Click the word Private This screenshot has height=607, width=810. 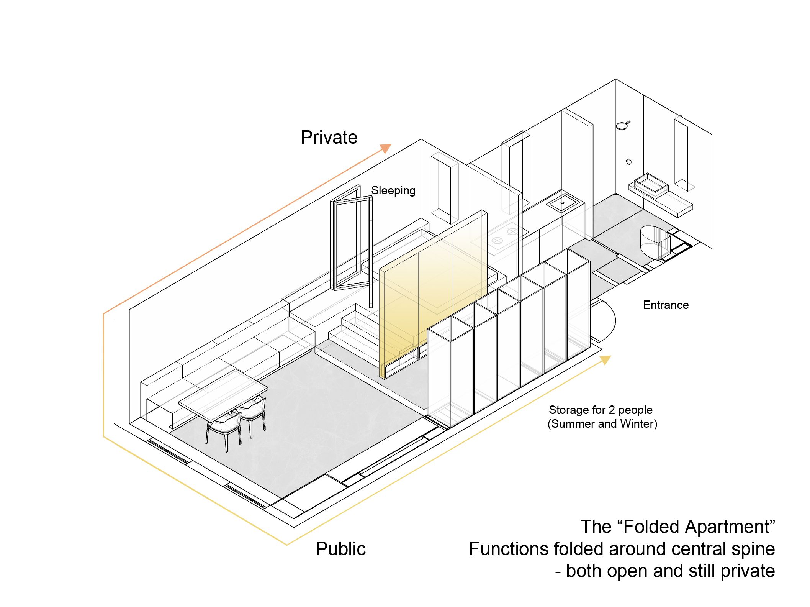pyautogui.click(x=329, y=137)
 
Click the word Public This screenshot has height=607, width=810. pyautogui.click(x=340, y=549)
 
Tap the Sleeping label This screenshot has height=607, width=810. pyautogui.click(x=393, y=190)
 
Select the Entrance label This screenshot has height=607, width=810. pyautogui.click(x=666, y=305)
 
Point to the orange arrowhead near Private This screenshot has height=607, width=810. pyautogui.click(x=386, y=148)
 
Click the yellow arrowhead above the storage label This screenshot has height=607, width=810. pyautogui.click(x=605, y=360)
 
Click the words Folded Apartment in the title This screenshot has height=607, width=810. pyautogui.click(x=697, y=527)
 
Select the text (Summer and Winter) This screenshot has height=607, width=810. pyautogui.click(x=602, y=424)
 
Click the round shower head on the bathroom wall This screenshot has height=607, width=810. pyautogui.click(x=623, y=125)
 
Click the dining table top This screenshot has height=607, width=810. pyautogui.click(x=223, y=394)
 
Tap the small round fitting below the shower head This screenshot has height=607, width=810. pyautogui.click(x=628, y=162)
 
